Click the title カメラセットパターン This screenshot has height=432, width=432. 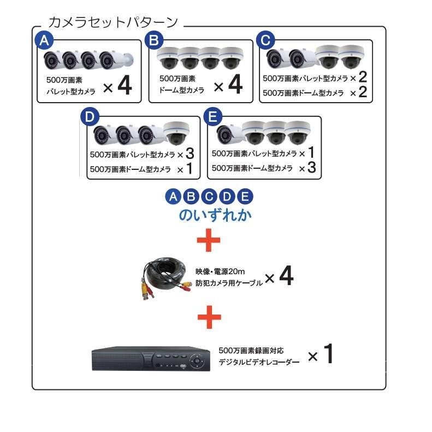(114, 22)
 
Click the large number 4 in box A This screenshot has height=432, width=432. (125, 86)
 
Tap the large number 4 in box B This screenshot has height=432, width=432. (235, 86)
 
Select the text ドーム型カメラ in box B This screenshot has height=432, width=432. (181, 90)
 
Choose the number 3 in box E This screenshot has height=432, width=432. (311, 167)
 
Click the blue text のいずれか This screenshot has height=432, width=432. (215, 215)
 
